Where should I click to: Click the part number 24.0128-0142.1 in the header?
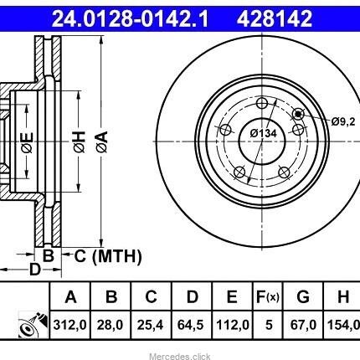pos(130,18)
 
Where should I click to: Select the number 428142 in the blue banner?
pos(275,18)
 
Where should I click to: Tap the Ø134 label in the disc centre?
pos(264,133)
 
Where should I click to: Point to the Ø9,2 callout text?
pos(343,121)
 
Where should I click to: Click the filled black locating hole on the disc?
pos(298,114)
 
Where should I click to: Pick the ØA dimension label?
pos(102,141)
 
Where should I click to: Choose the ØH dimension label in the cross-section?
pos(80,141)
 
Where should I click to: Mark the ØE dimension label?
pos(28,141)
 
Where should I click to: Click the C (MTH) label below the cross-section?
pos(108,256)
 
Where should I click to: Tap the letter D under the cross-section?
pos(35,270)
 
